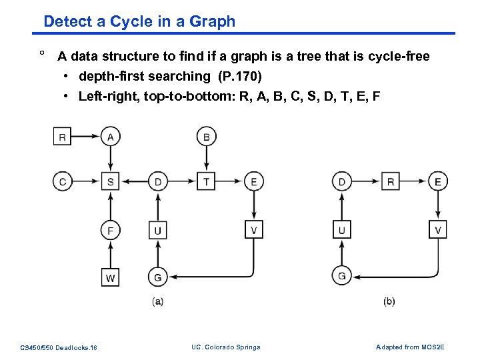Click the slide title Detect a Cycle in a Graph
139,21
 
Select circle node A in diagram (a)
110,137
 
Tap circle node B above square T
206,137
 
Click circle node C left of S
63,181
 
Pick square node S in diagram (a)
110,181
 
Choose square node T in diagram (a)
206,181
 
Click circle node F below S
110,231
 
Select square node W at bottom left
110,277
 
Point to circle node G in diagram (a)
158,277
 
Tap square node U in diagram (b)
342,231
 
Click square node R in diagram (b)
391,181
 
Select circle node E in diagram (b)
437,181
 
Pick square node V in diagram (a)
254,231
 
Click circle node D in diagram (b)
342,181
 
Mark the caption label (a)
158,301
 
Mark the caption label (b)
389,301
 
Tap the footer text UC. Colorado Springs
225,347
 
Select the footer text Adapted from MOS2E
410,347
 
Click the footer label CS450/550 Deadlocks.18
59,347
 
